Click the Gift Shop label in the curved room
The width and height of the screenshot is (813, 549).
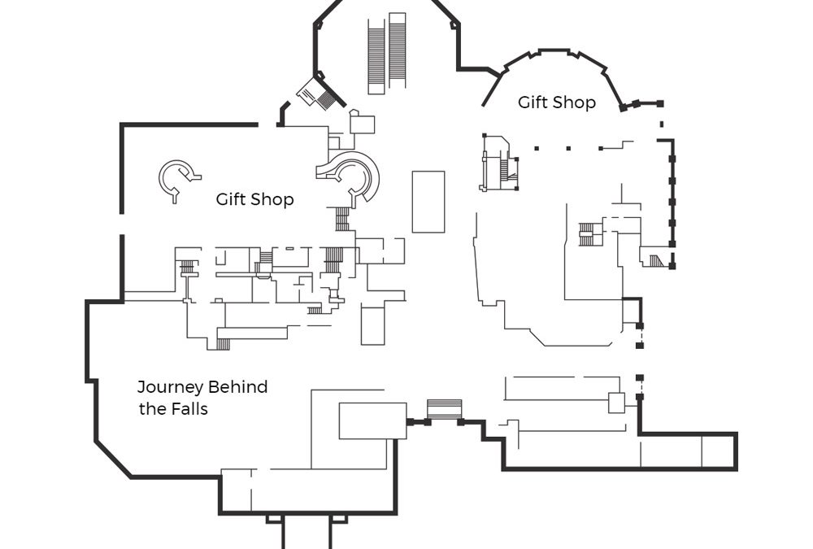pos(556,102)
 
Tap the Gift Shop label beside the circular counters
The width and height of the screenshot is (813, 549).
pos(254,199)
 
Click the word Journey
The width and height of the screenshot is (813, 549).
pos(170,388)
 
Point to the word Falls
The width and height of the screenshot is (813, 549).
pos(188,409)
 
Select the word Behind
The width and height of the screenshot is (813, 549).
pos(237,387)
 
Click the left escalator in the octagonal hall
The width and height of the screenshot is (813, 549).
pos(376,57)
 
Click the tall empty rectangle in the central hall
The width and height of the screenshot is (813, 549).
pos(428,202)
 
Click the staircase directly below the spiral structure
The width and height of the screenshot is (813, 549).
pos(342,219)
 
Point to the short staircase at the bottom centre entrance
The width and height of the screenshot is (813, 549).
pos(444,408)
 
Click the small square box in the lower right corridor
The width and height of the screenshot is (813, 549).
pos(616,403)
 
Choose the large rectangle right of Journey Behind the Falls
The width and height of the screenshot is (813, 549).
pos(373,420)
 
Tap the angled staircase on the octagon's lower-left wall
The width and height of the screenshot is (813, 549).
pos(320,94)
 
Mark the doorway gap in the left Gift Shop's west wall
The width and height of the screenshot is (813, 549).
pos(122,224)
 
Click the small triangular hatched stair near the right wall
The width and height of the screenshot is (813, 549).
pos(657,260)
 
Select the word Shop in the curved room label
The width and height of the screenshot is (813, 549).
pos(575,102)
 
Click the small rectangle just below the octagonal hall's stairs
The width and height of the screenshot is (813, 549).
pos(362,124)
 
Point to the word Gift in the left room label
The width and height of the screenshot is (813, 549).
pos(231,198)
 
